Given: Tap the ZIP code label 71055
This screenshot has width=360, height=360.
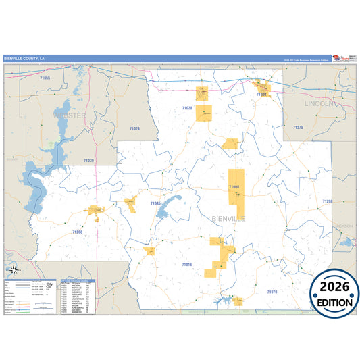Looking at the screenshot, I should point(45,79).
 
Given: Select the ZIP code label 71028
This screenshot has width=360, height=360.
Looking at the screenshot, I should point(187,108).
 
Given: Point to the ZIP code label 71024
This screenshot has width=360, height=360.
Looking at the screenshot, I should point(134,128).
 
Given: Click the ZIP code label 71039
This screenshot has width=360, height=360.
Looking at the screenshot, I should point(88,160).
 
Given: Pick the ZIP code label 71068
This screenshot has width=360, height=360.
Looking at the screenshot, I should point(77,232).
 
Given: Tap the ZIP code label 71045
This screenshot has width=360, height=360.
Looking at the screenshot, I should point(155,203).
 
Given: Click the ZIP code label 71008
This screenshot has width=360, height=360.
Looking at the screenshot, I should point(234,186).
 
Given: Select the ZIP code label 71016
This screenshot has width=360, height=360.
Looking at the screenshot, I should point(187,265).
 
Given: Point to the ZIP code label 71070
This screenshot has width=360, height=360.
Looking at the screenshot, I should point(272,292).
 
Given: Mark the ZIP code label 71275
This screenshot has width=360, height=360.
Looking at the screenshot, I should point(298,127).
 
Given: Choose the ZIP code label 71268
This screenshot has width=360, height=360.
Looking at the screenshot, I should point(327,201).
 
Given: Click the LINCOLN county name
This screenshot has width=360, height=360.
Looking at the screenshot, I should point(319,104).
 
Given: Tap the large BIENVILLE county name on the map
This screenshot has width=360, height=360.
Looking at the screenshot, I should point(229,219).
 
